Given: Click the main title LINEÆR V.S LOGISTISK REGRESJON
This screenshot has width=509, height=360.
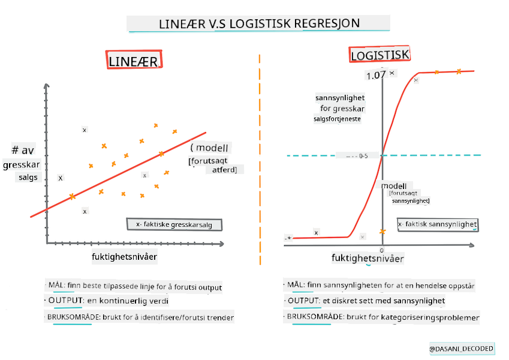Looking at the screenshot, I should point(259,24).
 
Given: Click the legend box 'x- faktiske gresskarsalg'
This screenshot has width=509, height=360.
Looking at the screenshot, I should point(174,224).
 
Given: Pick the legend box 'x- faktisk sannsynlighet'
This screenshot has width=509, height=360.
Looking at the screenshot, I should point(438,224).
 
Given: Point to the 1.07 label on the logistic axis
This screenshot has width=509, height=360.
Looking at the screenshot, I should point(375,76).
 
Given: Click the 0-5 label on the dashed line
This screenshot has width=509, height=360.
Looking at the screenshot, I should point(363,156).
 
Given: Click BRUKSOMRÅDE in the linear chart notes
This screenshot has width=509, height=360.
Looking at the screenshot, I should point(73,317).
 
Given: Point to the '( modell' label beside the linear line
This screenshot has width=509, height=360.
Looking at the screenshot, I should point(210,148).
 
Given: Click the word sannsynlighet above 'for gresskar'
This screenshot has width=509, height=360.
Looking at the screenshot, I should point(340,98).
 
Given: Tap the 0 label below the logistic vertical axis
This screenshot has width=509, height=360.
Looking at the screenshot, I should point(381,250).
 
